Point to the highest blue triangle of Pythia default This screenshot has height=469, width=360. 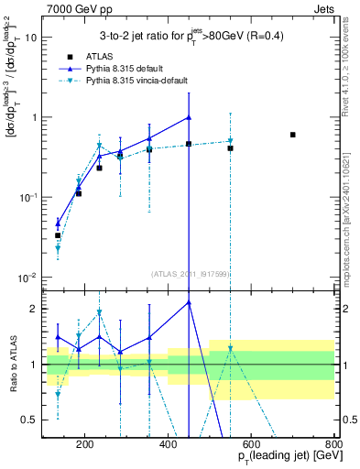(x=189, y=117)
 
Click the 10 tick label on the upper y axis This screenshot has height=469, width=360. (x=31, y=38)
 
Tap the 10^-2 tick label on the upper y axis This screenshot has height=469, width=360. (x=27, y=277)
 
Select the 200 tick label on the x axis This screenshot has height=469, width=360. (x=85, y=446)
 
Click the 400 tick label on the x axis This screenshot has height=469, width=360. (x=168, y=446)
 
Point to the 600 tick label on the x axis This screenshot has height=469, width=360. (x=251, y=446)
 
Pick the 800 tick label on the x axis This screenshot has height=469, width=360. (x=333, y=446)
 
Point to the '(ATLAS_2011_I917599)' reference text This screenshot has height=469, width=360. (x=190, y=274)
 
